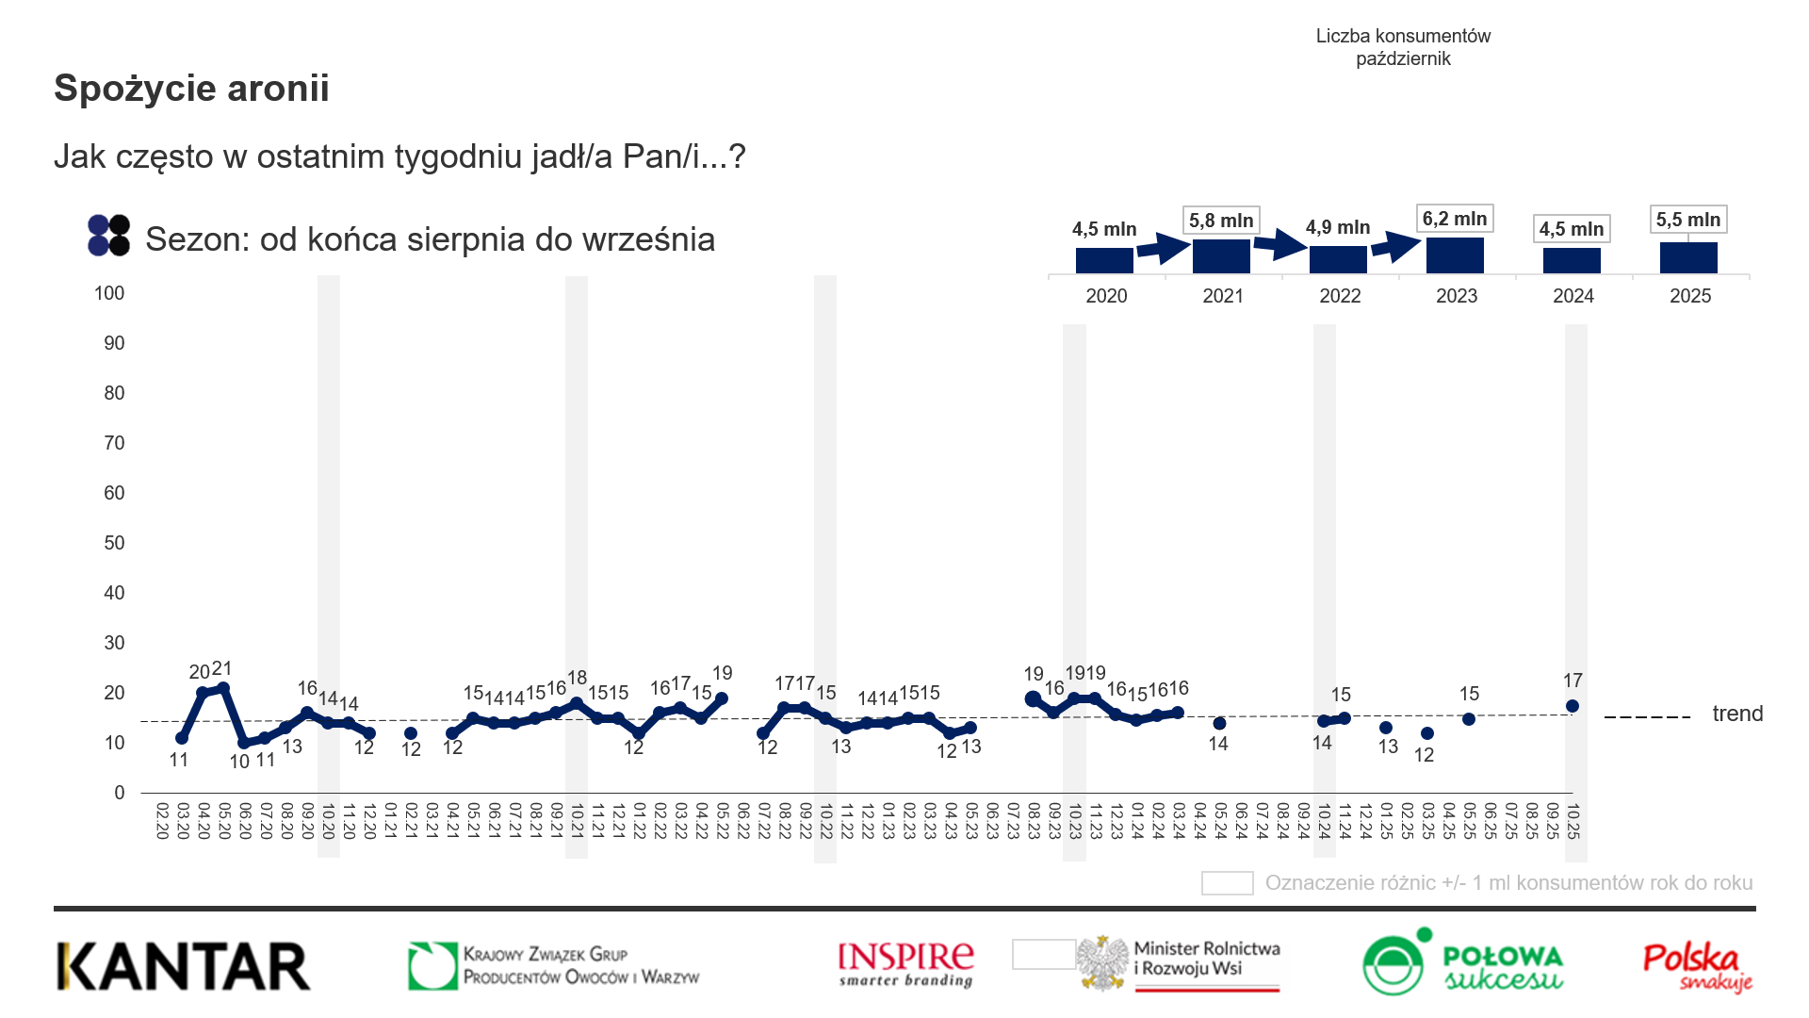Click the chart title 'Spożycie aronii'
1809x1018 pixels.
(191, 89)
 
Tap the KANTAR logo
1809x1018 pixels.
(184, 966)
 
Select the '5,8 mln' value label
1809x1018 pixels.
(1221, 221)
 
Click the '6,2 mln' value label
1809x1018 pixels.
(1455, 220)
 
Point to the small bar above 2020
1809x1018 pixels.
(1104, 260)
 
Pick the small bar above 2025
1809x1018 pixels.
(1688, 257)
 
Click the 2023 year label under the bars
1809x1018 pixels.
(1457, 296)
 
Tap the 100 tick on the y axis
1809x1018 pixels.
(109, 293)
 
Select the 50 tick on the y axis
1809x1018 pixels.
(114, 543)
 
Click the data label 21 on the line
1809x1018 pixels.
(221, 668)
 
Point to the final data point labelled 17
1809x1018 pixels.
(1572, 706)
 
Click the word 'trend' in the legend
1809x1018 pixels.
(1737, 714)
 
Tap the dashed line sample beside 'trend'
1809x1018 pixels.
(1647, 717)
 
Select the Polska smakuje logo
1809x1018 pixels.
(1696, 966)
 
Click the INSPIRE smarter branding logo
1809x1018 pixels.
(905, 964)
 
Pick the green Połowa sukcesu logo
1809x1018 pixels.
(1461, 964)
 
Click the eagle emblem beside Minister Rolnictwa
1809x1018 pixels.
(1103, 963)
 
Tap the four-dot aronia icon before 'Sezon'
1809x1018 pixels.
(108, 236)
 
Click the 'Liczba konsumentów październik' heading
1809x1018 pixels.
(1403, 47)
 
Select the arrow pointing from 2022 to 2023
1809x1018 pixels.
(1395, 247)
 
